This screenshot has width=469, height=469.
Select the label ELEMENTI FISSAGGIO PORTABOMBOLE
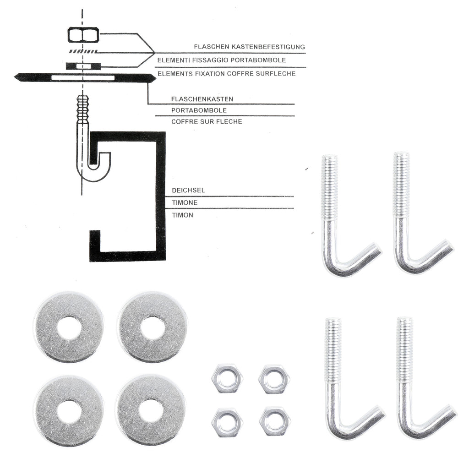click(222, 60)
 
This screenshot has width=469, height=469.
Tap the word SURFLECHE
click(276, 74)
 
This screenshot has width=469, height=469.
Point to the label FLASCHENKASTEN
click(202, 99)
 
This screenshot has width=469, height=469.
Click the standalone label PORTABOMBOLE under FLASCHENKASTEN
click(199, 110)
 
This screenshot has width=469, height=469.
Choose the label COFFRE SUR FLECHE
click(207, 122)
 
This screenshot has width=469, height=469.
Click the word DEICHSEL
click(188, 190)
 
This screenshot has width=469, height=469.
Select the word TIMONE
click(185, 203)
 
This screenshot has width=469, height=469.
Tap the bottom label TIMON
click(182, 215)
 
